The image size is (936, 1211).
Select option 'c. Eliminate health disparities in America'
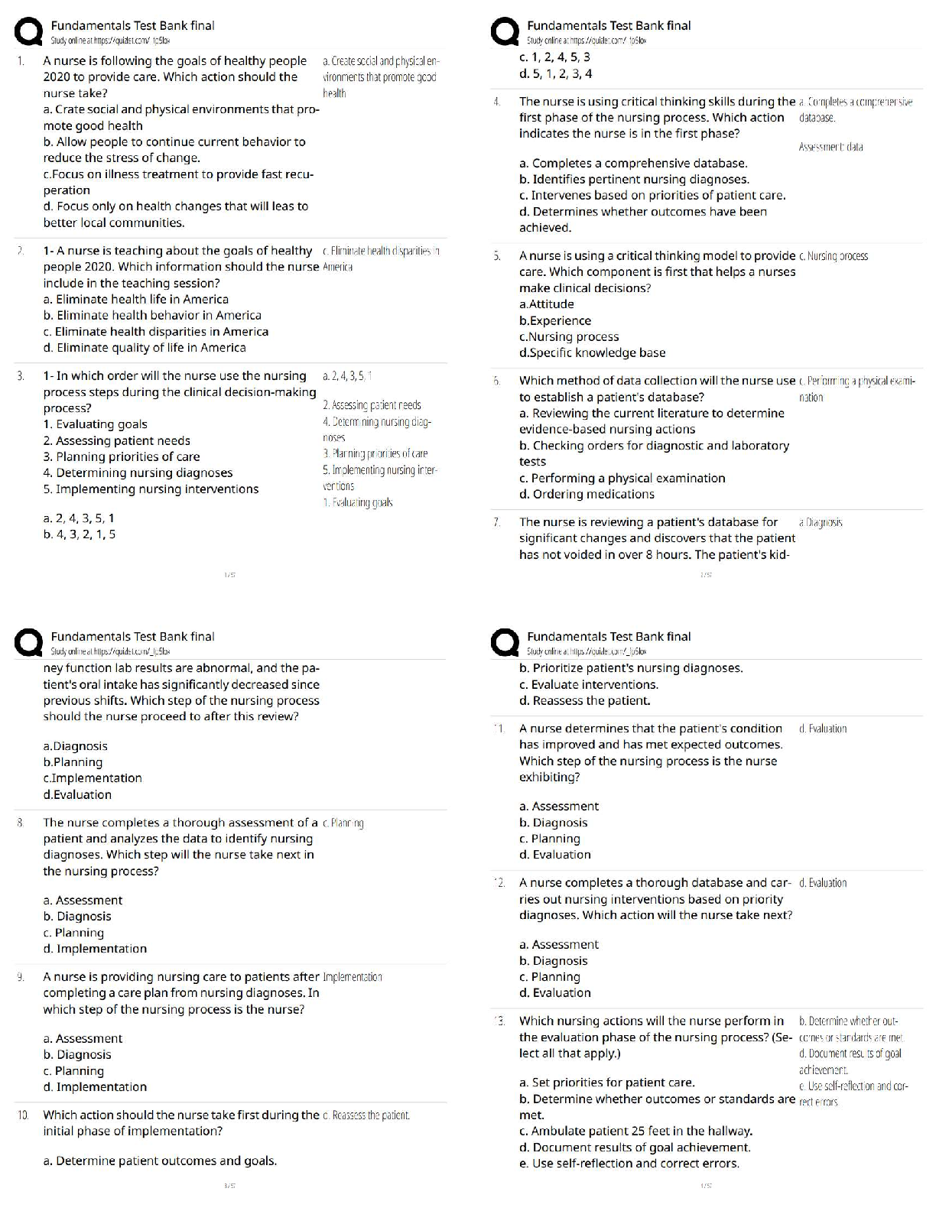[x=156, y=332]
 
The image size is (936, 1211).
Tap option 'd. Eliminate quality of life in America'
[x=145, y=348]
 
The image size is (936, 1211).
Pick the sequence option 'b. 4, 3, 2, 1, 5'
[x=80, y=534]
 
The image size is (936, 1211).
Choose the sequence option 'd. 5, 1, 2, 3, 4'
[x=555, y=74]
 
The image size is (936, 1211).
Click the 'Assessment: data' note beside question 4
[x=830, y=147]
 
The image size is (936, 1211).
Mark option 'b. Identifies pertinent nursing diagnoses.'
[x=634, y=180]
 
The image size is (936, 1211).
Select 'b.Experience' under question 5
[x=555, y=321]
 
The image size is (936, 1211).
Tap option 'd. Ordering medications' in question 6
[x=587, y=495]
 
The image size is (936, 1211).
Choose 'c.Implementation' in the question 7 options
[x=93, y=778]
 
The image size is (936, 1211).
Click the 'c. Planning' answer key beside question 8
[x=343, y=823]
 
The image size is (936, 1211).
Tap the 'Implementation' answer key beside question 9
[x=353, y=977]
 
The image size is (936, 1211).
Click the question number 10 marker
[x=23, y=1115]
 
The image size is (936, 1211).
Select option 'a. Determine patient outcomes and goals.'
[x=160, y=1161]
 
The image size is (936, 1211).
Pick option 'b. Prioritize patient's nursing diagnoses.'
[x=631, y=668]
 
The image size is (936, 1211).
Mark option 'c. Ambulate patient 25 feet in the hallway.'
[x=635, y=1131]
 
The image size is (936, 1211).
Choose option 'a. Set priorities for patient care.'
[x=606, y=1083]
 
